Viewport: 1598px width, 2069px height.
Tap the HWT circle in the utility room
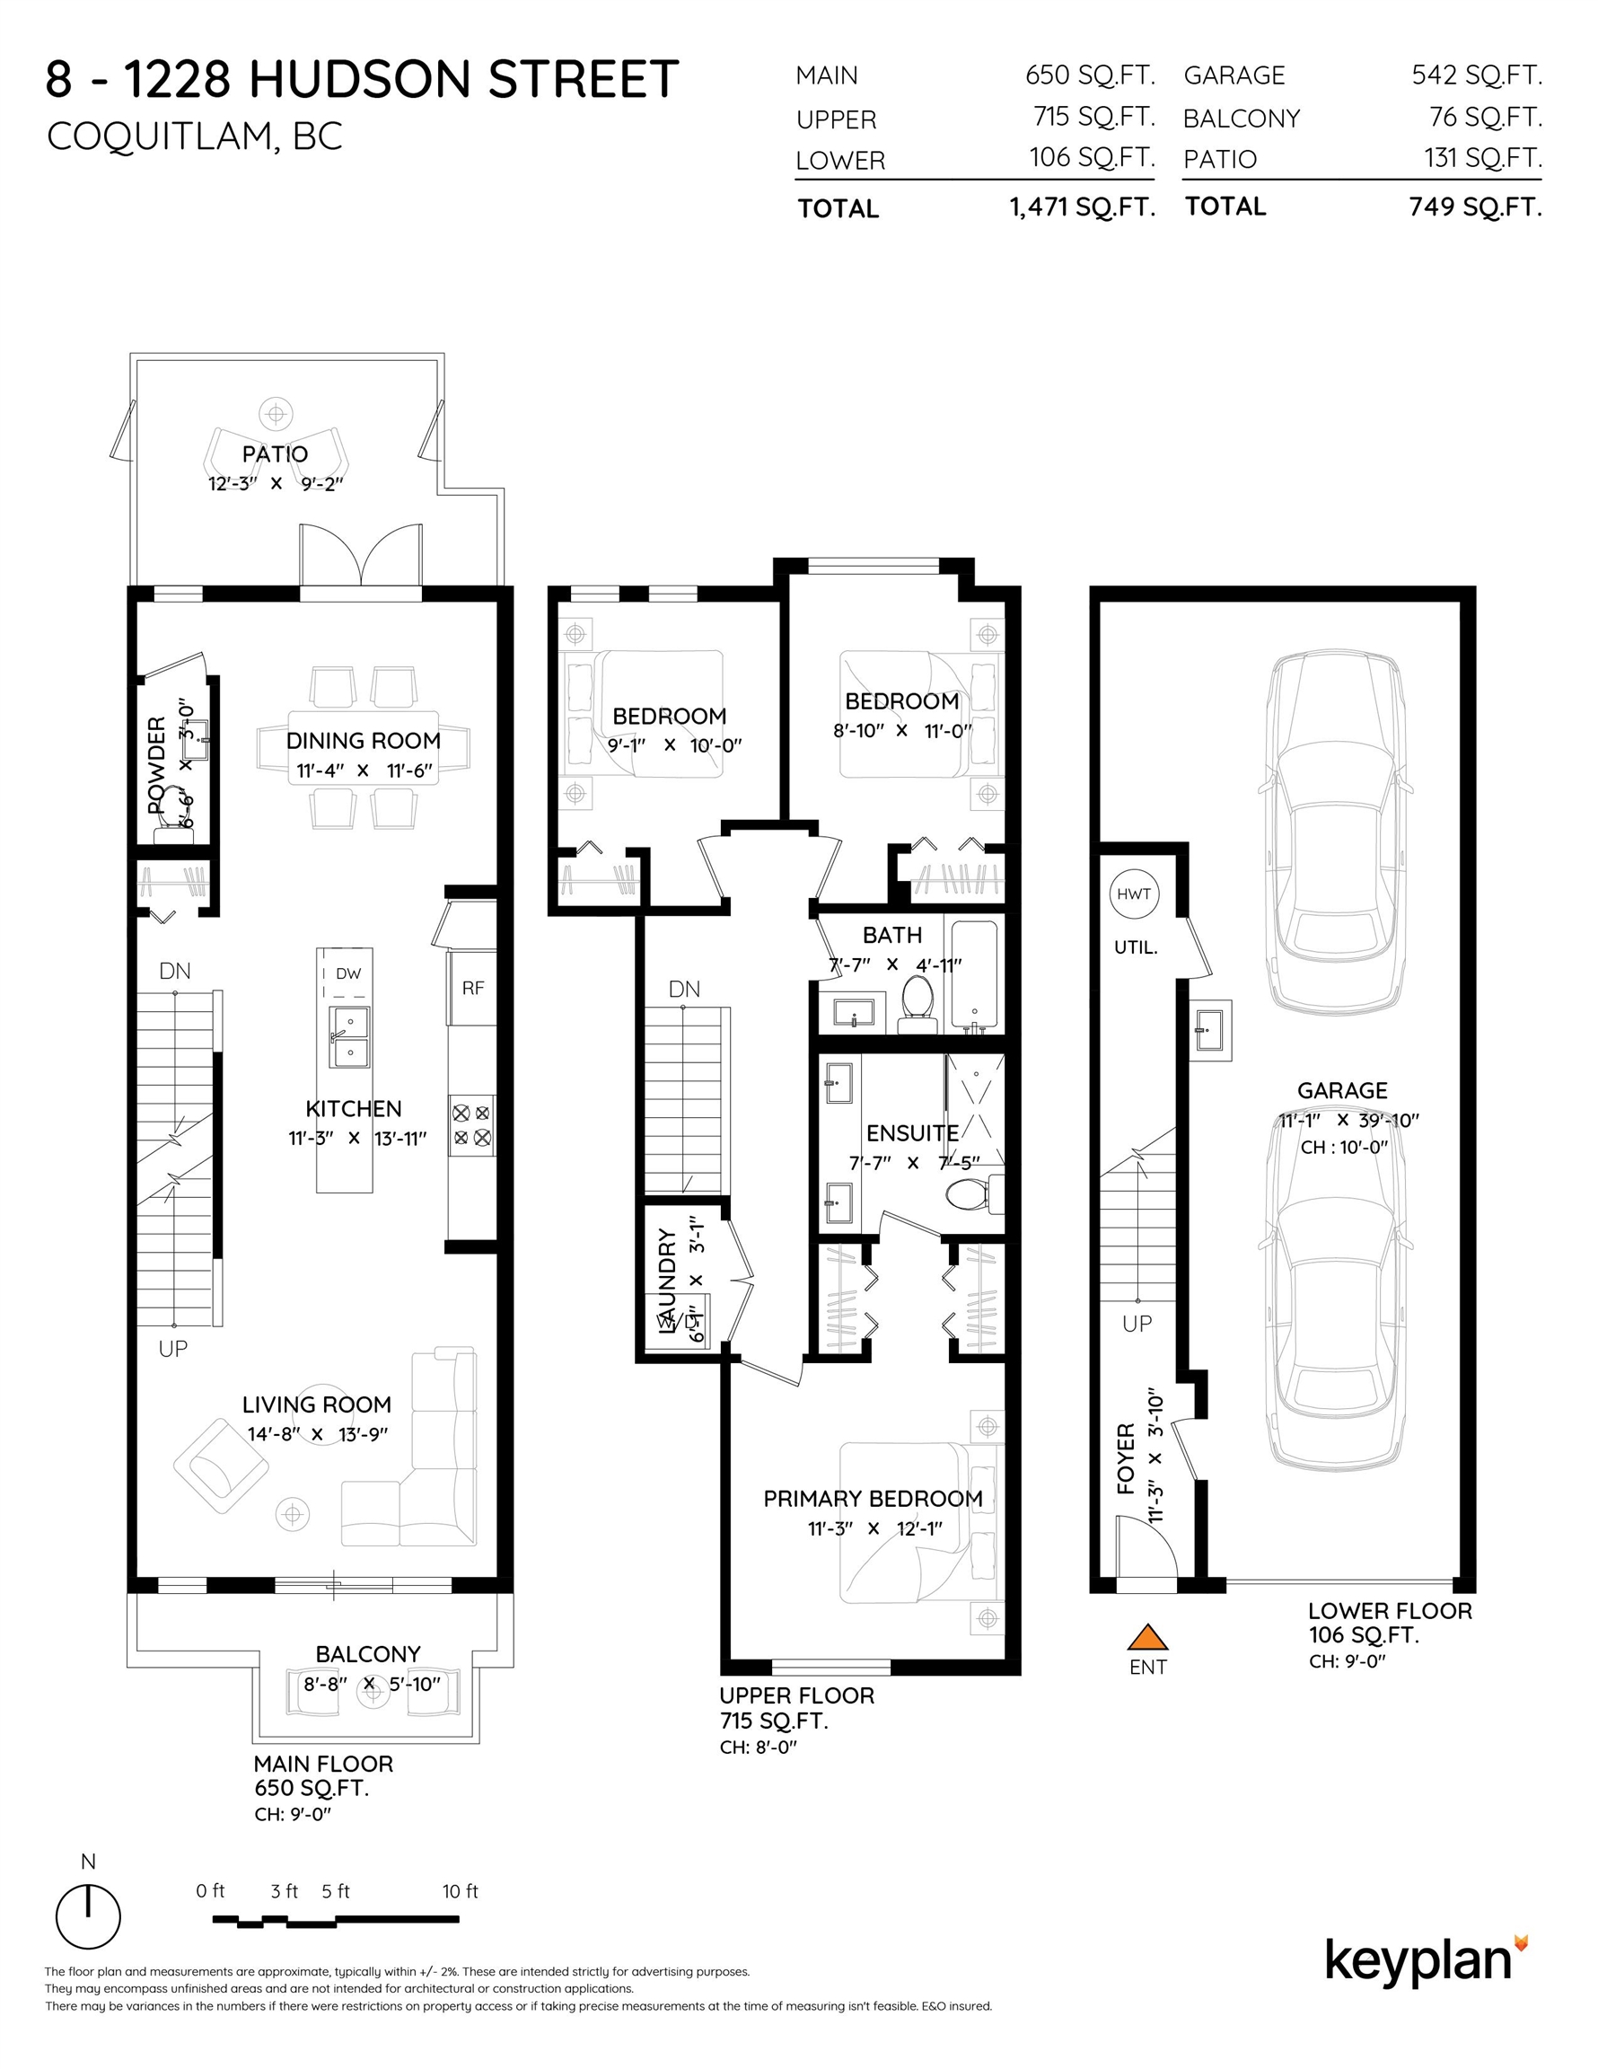(1134, 894)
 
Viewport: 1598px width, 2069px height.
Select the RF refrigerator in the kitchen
(473, 988)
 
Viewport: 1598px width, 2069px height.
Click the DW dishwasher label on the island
(347, 973)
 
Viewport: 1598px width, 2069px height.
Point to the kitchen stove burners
(471, 1124)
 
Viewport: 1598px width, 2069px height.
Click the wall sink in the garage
(1209, 1028)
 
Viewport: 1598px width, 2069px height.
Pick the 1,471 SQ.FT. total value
(1083, 207)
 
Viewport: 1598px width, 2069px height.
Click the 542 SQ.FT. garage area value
(1477, 75)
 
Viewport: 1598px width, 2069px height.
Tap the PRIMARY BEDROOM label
(873, 1498)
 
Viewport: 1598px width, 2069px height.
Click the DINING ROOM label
(364, 740)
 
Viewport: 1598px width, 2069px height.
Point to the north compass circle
(88, 1915)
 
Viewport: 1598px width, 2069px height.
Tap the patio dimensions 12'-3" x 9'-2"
(276, 483)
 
